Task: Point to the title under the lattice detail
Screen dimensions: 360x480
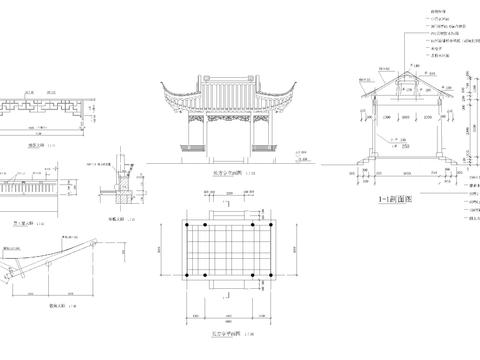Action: tap(38, 146)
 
